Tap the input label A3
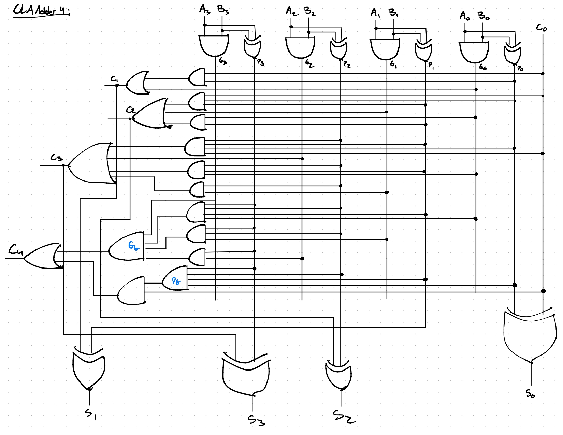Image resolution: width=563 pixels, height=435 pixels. pyautogui.click(x=205, y=10)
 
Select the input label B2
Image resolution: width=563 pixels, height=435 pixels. pyautogui.click(x=309, y=12)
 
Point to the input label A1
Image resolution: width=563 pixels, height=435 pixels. pyautogui.click(x=375, y=13)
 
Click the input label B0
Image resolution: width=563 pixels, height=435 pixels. pyautogui.click(x=483, y=16)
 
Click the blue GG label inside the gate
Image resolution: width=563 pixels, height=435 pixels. pyautogui.click(x=133, y=246)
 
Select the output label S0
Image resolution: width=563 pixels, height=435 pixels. pyautogui.click(x=530, y=394)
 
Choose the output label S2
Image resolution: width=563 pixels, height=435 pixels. pyautogui.click(x=343, y=417)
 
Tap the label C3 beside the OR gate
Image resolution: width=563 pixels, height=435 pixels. pyautogui.click(x=57, y=157)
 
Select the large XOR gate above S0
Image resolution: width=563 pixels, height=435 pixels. pyautogui.click(x=530, y=336)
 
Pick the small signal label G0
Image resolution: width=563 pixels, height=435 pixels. pyautogui.click(x=482, y=68)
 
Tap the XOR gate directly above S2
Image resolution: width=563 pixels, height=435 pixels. pyautogui.click(x=338, y=375)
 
